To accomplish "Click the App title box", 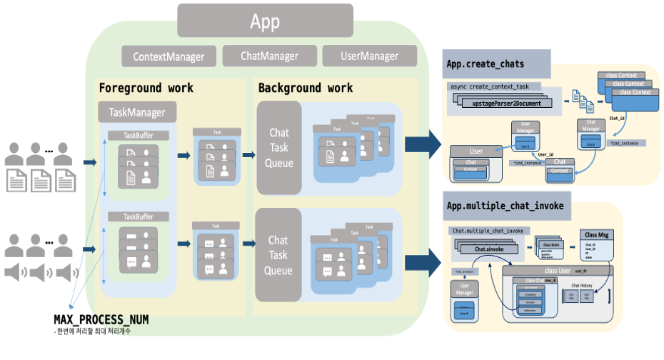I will tap(265, 21).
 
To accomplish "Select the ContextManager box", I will tap(168, 56).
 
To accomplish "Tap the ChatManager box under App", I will tap(269, 56).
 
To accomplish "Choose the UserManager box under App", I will tap(369, 56).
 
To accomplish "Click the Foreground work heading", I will tap(146, 89).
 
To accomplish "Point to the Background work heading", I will tap(306, 89).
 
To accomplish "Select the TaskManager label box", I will tap(137, 112).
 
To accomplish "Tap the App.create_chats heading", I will tap(486, 64).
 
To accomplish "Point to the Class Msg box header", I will tap(596, 235).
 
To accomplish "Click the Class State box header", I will tap(551, 244).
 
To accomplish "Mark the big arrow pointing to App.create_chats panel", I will tap(422, 143).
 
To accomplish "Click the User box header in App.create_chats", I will tap(476, 151).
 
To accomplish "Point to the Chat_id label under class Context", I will tap(617, 119).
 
